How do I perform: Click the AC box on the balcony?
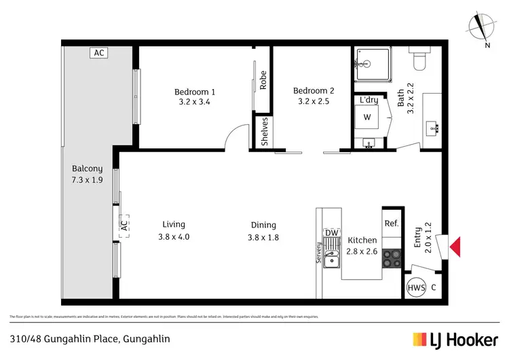99,52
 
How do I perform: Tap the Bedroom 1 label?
195,92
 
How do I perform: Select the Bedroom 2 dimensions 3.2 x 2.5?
314,103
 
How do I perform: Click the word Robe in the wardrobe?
263,81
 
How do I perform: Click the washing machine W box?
368,117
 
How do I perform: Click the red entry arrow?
455,247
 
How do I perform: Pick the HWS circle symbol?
416,288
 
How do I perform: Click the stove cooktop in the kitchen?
393,258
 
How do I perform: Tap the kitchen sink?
332,259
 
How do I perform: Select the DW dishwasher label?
332,233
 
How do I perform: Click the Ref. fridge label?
392,223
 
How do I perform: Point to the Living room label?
174,224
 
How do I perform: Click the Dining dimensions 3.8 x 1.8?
263,237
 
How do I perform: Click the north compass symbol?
480,26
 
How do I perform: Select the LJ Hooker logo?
456,339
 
